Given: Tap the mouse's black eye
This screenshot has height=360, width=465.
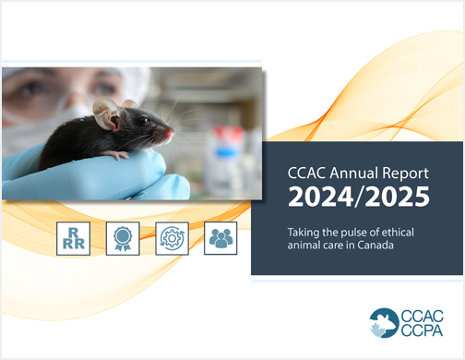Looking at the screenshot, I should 147,120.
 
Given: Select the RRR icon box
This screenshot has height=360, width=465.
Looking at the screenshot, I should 73,238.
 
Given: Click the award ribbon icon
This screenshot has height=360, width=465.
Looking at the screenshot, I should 123,238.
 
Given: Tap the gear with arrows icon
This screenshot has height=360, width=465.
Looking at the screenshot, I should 172,238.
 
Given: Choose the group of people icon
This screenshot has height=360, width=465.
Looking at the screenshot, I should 221,238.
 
